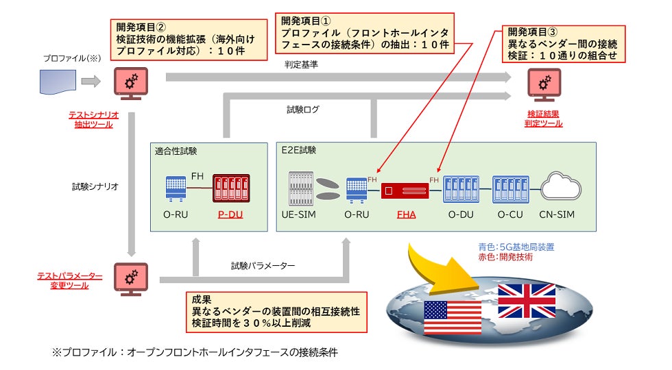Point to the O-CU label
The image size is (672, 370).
tap(509, 214)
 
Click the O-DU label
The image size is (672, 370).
tap(461, 214)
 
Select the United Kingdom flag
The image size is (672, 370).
tap(527, 299)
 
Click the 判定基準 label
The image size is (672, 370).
tap(300, 64)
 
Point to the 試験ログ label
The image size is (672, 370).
tap(302, 108)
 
